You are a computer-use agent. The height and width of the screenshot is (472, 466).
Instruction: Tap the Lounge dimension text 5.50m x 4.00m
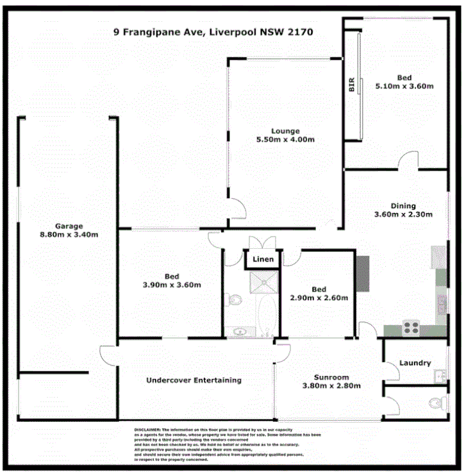tap(285, 140)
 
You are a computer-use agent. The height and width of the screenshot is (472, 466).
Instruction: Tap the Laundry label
tap(415, 363)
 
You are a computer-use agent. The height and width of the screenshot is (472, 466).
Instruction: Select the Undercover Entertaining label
tap(194, 380)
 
